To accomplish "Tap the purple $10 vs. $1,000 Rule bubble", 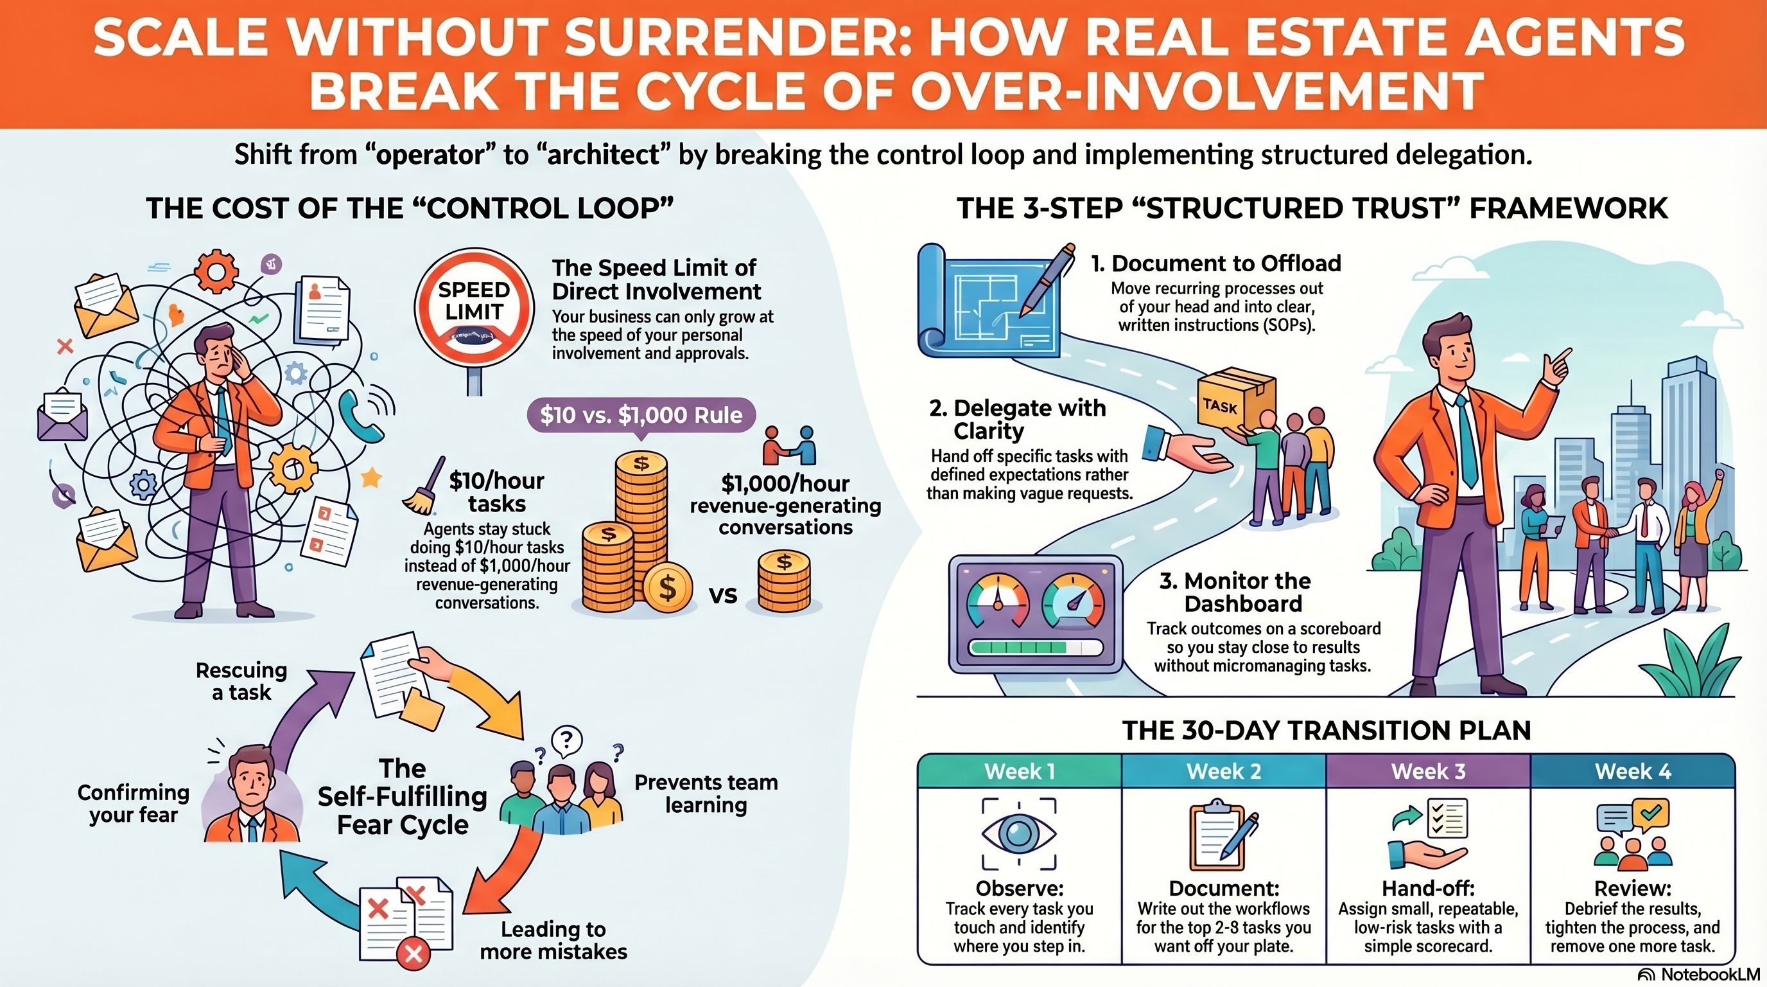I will (x=641, y=415).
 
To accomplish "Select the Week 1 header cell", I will (x=1020, y=771).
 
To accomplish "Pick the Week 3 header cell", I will (x=1428, y=771).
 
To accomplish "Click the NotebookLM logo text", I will (x=1703, y=975).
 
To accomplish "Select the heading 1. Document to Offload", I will (x=1216, y=263).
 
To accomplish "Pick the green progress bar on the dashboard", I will (x=1018, y=648).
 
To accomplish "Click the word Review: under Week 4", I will (x=1633, y=888).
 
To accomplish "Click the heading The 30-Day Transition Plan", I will (x=1326, y=731).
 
